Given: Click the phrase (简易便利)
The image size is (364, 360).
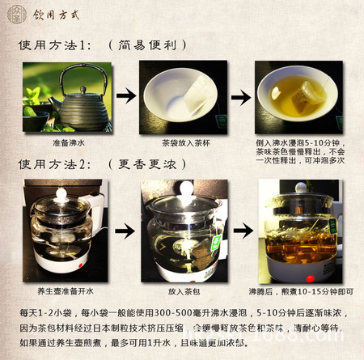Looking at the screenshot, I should pos(148,46).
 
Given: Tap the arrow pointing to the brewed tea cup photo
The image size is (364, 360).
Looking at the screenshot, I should pos(239,98).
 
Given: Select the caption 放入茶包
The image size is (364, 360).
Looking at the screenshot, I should pos(186,288).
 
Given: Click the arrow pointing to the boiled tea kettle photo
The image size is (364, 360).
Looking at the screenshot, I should pos(239,230).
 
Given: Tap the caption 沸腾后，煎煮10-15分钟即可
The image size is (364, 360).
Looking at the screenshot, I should pos(303,289).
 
